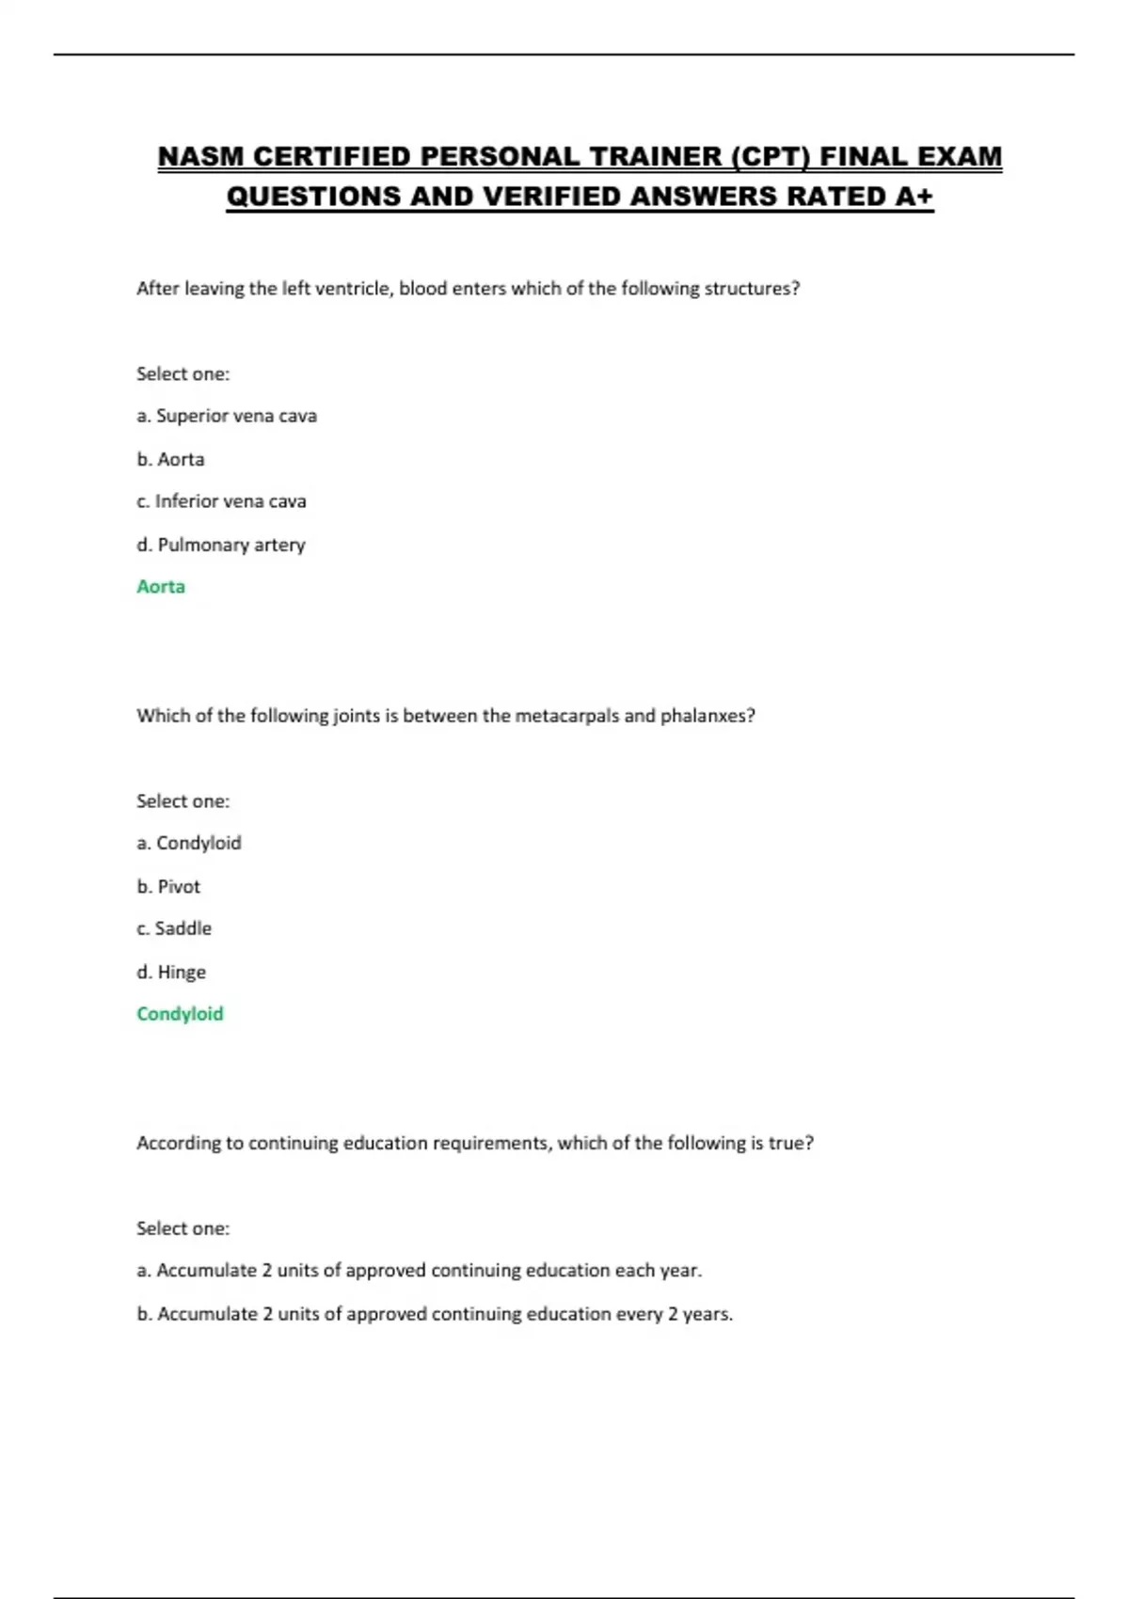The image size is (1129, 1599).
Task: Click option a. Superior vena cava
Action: pos(227,416)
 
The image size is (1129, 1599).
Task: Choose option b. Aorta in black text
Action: pos(170,459)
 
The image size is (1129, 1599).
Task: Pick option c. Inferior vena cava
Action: pos(221,501)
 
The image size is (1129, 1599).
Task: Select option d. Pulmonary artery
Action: pos(221,545)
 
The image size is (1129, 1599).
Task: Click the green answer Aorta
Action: pos(161,587)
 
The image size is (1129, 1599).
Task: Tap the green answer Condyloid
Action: pos(180,1014)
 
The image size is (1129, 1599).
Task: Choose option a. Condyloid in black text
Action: pos(189,843)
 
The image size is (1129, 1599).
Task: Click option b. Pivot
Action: pos(168,886)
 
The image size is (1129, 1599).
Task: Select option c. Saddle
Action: pos(174,928)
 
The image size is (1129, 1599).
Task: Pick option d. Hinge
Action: pos(171,972)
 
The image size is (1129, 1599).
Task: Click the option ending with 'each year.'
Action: pos(420,1271)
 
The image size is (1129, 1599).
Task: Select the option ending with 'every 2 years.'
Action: pos(435,1314)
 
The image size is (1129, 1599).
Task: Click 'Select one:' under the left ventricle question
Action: pos(183,373)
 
